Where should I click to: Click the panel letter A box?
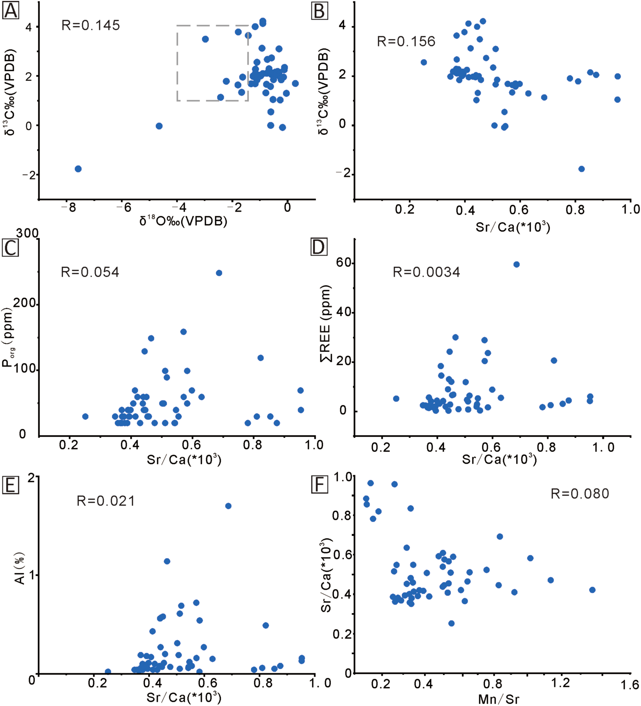[11, 11]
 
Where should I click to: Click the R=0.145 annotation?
[91, 25]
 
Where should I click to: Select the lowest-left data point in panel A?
[78, 169]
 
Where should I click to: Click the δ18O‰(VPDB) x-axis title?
[183, 221]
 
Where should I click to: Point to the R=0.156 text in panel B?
[406, 41]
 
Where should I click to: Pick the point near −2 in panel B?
[581, 169]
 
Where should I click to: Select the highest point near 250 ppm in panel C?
[219, 273]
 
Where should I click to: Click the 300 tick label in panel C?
[27, 233]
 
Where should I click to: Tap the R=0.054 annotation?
[90, 272]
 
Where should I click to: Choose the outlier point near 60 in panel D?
[517, 265]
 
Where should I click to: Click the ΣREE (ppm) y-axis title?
[326, 324]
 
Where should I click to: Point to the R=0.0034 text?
[426, 272]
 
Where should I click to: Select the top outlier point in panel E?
[228, 506]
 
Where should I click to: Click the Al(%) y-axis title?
[20, 569]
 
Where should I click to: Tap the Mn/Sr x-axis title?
[499, 699]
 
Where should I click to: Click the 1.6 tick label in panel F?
[630, 685]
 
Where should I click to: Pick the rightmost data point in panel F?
[592, 590]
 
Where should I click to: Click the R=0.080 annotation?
[580, 494]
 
